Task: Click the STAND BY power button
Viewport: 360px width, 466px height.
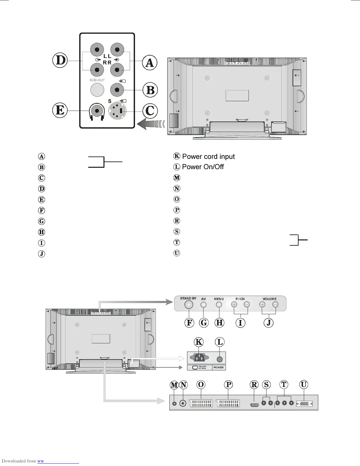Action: click(x=189, y=305)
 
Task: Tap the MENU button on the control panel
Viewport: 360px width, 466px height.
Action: click(x=219, y=305)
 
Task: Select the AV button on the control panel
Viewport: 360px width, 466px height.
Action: click(x=203, y=305)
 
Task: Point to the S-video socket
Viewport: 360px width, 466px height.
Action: click(x=117, y=111)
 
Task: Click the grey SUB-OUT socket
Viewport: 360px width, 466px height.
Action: click(x=97, y=90)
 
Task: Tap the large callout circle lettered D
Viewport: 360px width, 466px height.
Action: click(x=60, y=61)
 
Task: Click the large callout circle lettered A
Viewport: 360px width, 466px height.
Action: click(x=150, y=63)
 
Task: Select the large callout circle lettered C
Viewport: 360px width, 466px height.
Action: click(x=150, y=111)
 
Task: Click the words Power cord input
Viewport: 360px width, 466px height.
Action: click(x=209, y=157)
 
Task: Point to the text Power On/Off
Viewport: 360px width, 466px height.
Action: click(x=203, y=167)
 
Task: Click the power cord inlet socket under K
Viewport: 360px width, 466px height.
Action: click(x=199, y=358)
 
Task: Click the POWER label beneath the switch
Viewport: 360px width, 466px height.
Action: click(x=219, y=367)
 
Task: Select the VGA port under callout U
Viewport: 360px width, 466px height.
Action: click(x=304, y=404)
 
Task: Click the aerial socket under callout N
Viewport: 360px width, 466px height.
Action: click(x=184, y=403)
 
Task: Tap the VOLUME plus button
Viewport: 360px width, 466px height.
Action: click(x=262, y=304)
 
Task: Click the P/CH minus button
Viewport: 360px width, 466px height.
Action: click(x=247, y=304)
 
